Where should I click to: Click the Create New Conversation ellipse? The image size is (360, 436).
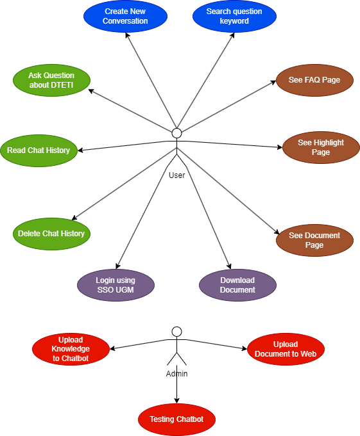pos(125,16)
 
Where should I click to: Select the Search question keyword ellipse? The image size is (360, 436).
pos(234,16)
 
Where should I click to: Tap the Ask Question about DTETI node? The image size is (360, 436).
pos(51,81)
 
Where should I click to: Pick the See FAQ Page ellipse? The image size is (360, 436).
pos(314,81)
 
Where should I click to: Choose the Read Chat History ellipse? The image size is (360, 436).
pos(39,150)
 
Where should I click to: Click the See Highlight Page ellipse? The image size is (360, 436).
pos(321,147)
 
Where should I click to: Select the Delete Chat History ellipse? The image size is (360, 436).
pos(51,234)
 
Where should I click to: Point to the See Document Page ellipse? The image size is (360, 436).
pos(314,240)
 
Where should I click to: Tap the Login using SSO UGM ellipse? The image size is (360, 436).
pos(116,285)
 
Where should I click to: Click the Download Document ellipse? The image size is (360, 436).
pos(237,285)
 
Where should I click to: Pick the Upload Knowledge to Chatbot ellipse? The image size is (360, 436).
pos(71,349)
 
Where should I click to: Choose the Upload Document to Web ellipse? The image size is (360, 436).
pos(286,349)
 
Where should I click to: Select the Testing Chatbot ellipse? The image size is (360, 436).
pos(176,419)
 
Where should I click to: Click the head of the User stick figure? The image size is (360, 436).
pos(176,133)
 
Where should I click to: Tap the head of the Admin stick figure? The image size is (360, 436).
pos(176,332)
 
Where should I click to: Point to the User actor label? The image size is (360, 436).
pos(177,175)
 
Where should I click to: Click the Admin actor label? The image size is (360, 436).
pos(176,374)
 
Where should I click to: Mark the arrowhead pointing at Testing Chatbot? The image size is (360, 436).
pos(176,401)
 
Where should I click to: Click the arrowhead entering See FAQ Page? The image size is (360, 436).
pos(273,82)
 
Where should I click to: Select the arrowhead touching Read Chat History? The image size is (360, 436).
pos(80,150)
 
